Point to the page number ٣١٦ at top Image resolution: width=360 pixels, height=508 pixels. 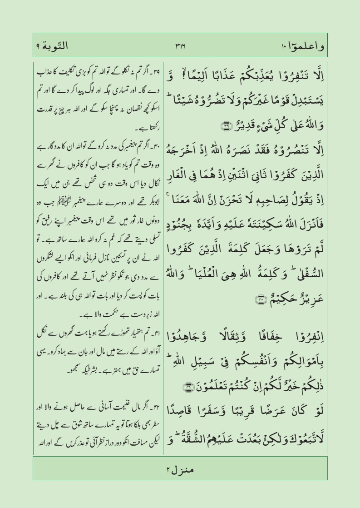coord(181,45)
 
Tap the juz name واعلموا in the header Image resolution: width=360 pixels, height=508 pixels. coord(303,46)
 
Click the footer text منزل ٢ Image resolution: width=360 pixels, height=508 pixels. coord(180,468)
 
